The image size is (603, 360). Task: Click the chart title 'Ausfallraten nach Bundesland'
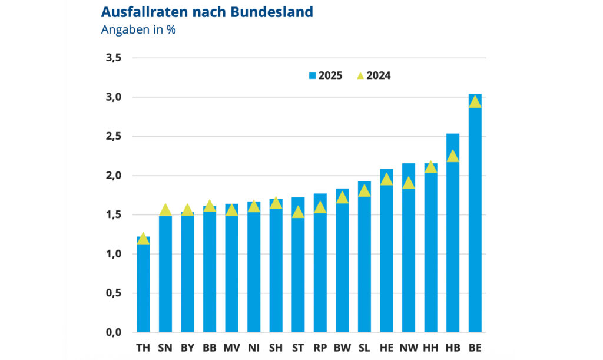(x=207, y=12)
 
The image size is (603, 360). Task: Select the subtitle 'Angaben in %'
(x=138, y=30)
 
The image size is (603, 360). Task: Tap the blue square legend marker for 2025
(x=312, y=75)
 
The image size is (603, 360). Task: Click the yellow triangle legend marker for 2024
(x=360, y=75)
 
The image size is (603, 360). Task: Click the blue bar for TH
(x=143, y=289)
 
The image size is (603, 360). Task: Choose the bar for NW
(x=409, y=259)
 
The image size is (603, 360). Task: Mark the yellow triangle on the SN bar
(x=165, y=210)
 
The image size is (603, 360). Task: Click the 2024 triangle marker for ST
(x=298, y=212)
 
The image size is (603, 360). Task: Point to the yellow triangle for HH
(x=430, y=167)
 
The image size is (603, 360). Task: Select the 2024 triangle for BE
(x=475, y=102)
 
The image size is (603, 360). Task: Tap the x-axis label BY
(x=187, y=348)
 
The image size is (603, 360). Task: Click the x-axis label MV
(x=231, y=348)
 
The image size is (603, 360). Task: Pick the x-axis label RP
(x=320, y=348)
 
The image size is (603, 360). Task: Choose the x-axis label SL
(x=364, y=348)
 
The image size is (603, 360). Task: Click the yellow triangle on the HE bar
(x=386, y=180)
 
